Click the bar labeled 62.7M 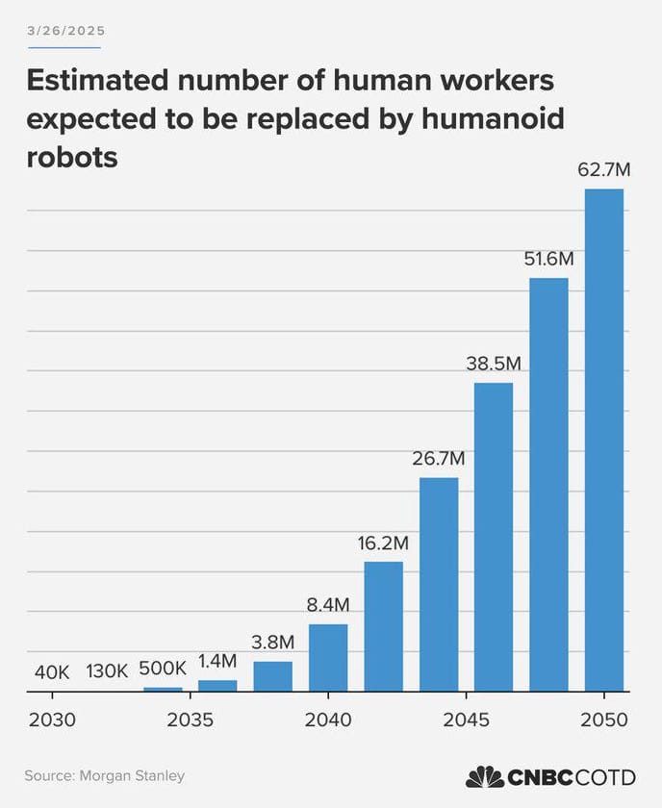point(604,440)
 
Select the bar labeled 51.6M point(548,484)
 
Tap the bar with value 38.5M point(494,537)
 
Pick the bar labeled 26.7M point(439,584)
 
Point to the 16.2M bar point(383,625)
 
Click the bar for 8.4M point(328,657)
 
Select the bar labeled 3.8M point(272,676)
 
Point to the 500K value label point(163,668)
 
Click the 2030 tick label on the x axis point(51,720)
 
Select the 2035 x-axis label point(190,720)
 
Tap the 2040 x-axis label point(328,720)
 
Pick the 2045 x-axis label point(466,720)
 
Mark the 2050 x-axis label point(604,720)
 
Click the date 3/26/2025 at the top point(65,31)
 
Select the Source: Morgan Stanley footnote point(105,775)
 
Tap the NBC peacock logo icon point(485,776)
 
